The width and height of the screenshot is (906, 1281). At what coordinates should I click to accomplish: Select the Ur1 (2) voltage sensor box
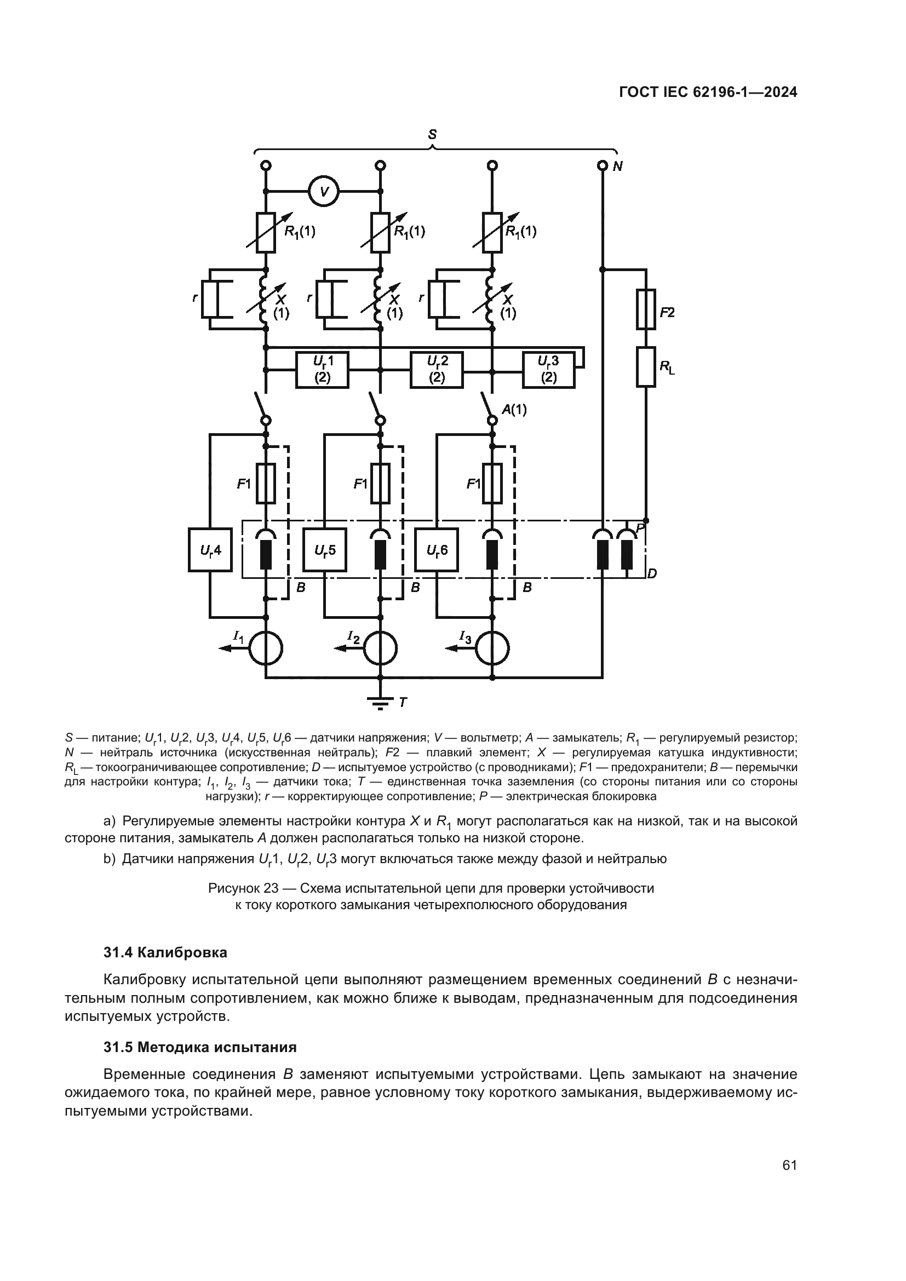click(322, 369)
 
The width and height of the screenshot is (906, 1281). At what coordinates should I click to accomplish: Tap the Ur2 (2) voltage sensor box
click(436, 369)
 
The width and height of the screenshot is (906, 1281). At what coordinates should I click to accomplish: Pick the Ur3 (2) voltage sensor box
click(548, 369)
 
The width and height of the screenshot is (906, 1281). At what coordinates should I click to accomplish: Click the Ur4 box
click(210, 550)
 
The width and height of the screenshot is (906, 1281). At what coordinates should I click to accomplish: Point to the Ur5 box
click(324, 550)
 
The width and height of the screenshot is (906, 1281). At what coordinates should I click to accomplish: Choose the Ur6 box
click(437, 550)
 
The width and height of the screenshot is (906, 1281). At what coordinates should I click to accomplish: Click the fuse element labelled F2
click(645, 309)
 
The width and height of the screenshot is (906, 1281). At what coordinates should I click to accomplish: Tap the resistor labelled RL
click(645, 366)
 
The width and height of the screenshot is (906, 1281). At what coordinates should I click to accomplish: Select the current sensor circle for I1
click(266, 648)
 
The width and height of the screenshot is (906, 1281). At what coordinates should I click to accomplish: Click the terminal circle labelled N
click(602, 166)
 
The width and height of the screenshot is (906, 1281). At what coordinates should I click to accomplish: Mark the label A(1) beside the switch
click(514, 410)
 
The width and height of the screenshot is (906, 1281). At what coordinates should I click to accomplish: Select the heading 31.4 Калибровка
click(165, 952)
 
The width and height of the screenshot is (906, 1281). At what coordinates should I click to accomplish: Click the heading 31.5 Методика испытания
click(200, 1047)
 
